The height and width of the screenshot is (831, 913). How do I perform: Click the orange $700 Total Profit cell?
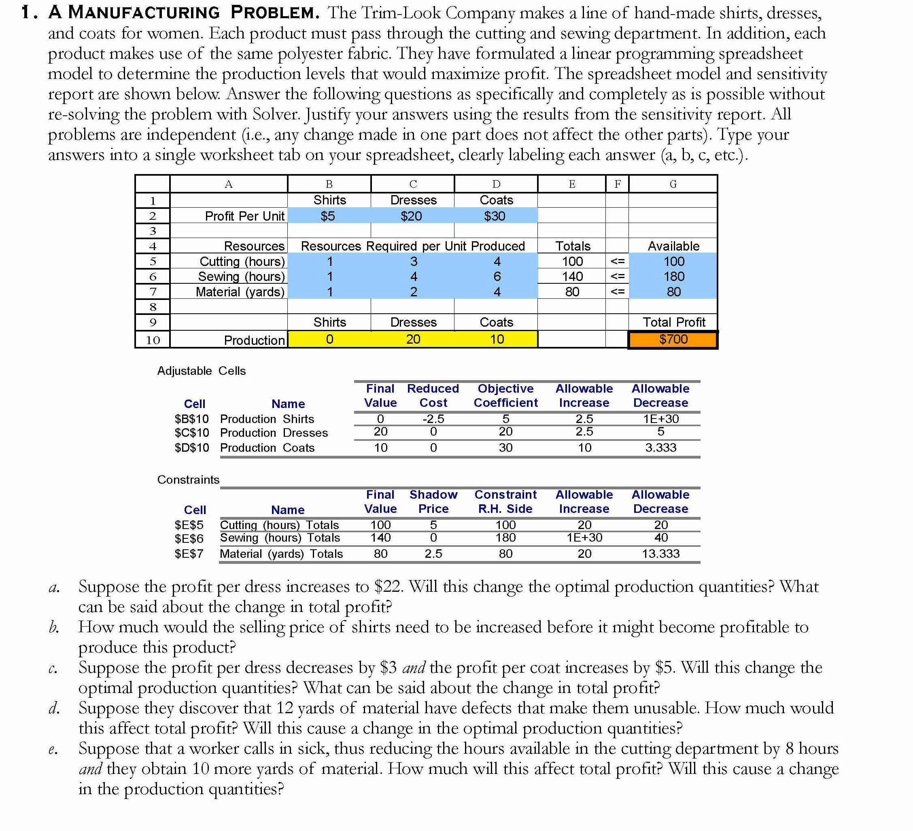(673, 339)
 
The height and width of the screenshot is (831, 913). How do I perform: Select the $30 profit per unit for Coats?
(495, 216)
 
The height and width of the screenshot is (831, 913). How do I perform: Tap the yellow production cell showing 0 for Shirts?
(329, 339)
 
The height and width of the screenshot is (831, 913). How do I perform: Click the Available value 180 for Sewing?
(673, 276)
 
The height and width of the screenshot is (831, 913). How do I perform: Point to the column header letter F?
(617, 184)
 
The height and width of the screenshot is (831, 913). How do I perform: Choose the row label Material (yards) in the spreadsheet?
(240, 292)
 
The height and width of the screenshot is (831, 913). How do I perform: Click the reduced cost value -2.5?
(433, 419)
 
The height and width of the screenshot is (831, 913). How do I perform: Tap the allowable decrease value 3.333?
(660, 448)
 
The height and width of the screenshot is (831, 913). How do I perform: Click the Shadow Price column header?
(433, 502)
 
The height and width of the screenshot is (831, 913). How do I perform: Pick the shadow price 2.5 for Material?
(433, 554)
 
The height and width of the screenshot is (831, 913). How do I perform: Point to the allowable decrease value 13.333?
(660, 554)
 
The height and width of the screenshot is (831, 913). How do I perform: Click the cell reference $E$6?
(189, 538)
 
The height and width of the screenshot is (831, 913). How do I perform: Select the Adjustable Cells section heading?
(201, 371)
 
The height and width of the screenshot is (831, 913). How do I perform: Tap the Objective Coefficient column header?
(505, 396)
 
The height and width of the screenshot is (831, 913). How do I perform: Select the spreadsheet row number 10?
(153, 340)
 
